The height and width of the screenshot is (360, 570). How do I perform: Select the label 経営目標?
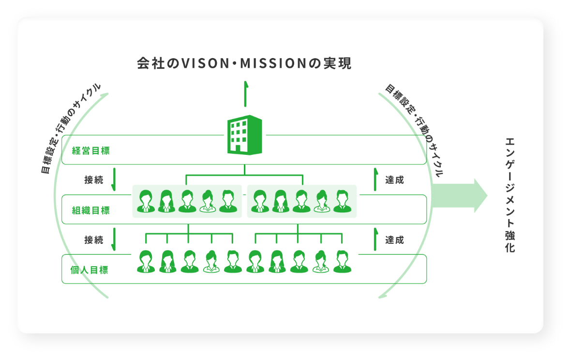[91, 150]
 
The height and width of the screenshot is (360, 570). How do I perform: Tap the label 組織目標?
[91, 210]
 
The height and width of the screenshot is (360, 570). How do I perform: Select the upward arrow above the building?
[245, 94]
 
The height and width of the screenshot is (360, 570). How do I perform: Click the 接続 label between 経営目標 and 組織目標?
[94, 180]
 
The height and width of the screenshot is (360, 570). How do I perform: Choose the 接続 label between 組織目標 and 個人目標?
[94, 240]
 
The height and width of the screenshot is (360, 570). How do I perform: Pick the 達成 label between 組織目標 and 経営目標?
[394, 180]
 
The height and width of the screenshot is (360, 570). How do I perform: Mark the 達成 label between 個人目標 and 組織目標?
[394, 240]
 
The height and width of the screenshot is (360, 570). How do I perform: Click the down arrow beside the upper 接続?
[114, 180]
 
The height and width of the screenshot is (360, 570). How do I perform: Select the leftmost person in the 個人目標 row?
[146, 262]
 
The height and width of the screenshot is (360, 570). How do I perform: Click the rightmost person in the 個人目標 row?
[342, 262]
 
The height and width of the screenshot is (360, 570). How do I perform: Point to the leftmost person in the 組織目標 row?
[146, 201]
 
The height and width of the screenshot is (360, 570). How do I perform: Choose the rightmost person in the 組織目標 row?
[342, 201]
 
